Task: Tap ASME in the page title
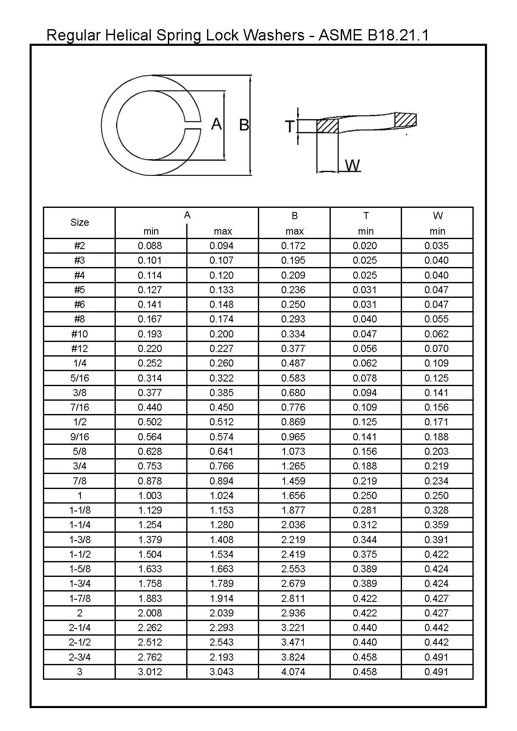point(340,35)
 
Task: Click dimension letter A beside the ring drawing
point(216,124)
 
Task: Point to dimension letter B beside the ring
point(244,125)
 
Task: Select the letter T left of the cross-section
point(290,126)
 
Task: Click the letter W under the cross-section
point(352,165)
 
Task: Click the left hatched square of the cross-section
point(327,126)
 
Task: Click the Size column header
point(80,222)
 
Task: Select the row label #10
point(80,334)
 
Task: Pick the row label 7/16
point(80,407)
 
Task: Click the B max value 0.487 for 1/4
point(293,363)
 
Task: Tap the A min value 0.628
point(150,452)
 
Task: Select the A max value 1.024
point(222,496)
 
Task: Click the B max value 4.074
point(293,672)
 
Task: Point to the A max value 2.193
point(222,657)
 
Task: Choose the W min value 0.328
point(437,510)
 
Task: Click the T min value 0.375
point(365,554)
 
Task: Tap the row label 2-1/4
point(80,628)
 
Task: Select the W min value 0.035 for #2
point(437,246)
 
